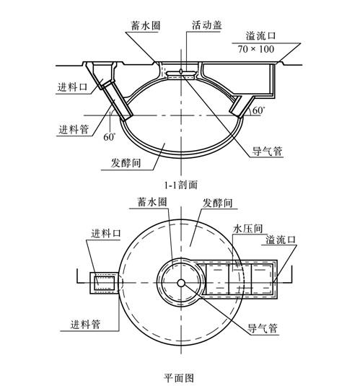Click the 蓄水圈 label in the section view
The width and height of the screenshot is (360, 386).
tap(145, 25)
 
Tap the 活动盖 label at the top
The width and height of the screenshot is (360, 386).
tap(207, 25)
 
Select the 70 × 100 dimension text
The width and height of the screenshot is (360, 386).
tap(256, 49)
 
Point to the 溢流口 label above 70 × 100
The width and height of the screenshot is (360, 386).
tap(260, 36)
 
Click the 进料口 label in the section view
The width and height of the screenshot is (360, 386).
tap(72, 87)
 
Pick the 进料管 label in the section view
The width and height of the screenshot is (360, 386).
tap(74, 129)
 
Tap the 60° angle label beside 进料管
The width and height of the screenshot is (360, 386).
tap(110, 137)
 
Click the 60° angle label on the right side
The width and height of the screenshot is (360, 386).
tap(258, 110)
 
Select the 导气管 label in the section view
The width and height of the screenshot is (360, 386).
tap(267, 151)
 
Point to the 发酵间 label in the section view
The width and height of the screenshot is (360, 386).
tap(126, 163)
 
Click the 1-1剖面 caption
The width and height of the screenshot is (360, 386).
tap(181, 185)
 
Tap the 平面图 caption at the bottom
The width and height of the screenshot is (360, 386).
tap(179, 378)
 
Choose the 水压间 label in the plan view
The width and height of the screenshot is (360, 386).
tap(247, 229)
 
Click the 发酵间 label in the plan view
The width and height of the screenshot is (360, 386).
tap(217, 203)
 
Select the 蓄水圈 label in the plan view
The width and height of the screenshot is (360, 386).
tap(152, 202)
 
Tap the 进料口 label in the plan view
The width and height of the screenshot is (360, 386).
tap(106, 233)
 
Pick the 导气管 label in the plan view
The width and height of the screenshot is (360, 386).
tap(262, 328)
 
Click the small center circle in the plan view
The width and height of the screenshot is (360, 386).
tap(181, 283)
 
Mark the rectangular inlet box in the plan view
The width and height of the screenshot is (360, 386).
tap(104, 283)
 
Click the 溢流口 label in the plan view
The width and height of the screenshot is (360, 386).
tap(280, 240)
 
